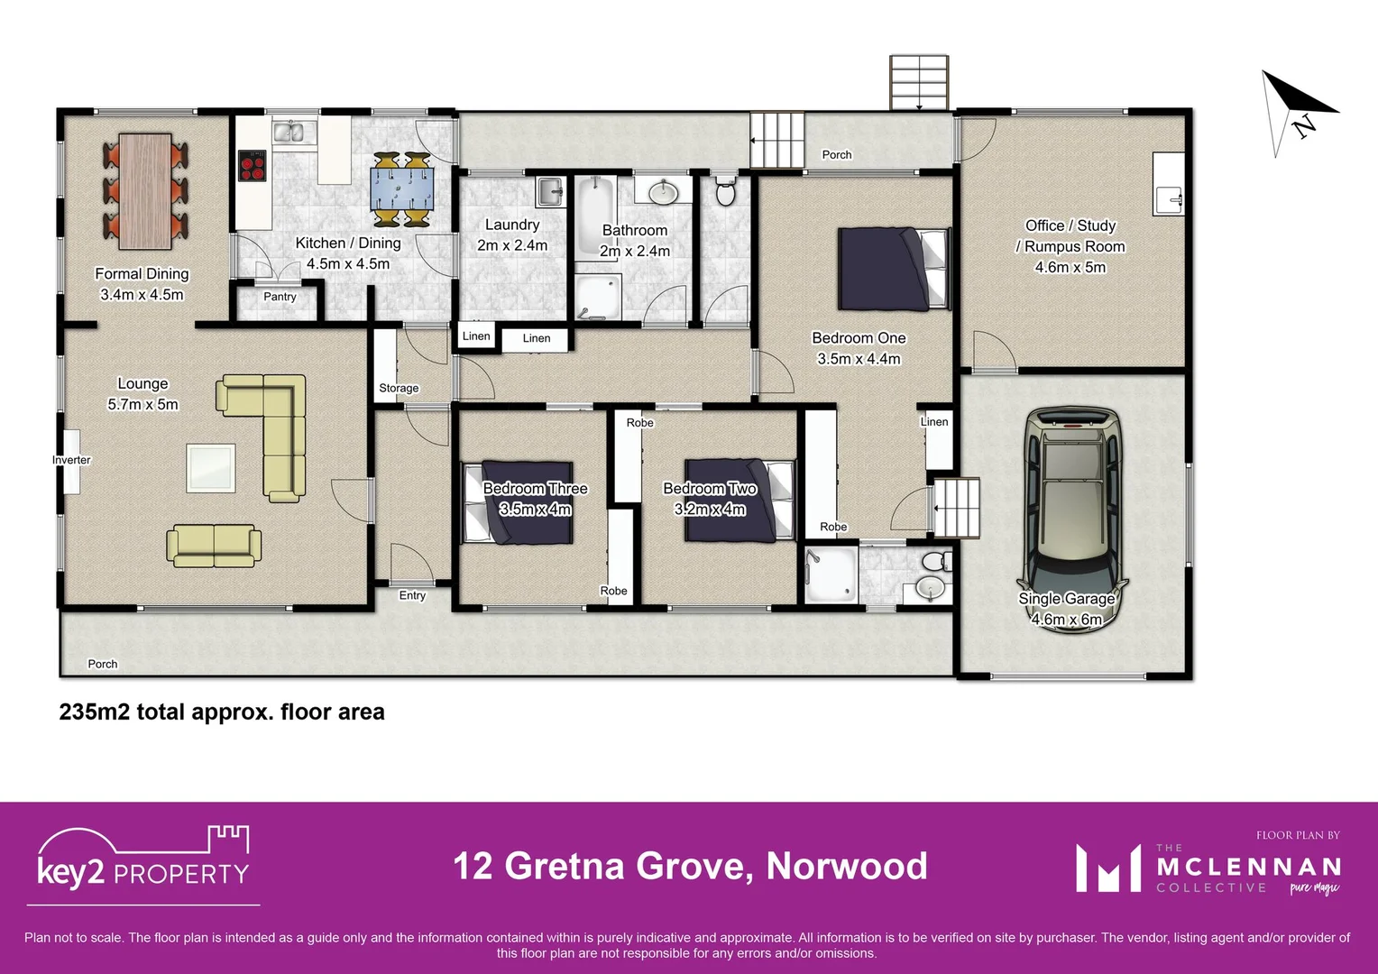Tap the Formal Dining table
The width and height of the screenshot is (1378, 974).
pos(145,191)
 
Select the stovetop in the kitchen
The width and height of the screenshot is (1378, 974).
pos(252,166)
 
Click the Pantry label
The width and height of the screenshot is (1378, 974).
pos(280,297)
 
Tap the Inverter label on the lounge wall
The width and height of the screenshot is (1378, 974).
pos(71,460)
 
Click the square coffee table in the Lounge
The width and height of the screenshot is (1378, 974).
pos(211,468)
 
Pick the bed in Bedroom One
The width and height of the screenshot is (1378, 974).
pos(894,269)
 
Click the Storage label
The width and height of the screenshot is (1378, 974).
pos(399,389)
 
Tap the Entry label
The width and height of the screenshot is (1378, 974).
pos(412,595)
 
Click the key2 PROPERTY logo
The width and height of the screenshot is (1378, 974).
pos(143,861)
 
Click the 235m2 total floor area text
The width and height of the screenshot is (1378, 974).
pos(222,712)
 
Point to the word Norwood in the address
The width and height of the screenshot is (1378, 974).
pos(846,866)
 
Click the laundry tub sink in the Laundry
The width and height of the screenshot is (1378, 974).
pos(550,191)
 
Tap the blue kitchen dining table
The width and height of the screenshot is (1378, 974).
pos(402,189)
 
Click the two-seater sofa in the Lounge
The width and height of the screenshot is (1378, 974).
pos(214,546)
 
